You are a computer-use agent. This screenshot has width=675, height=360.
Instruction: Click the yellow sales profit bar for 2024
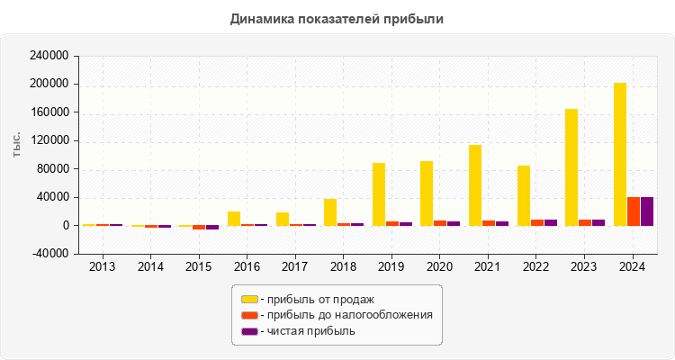tap(620, 154)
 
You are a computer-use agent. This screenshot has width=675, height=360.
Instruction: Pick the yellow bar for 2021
tap(475, 185)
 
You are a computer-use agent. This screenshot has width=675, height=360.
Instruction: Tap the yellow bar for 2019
tap(379, 194)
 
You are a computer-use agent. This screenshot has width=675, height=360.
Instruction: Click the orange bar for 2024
tap(634, 211)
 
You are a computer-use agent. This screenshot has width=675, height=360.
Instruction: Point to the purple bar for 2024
tap(647, 211)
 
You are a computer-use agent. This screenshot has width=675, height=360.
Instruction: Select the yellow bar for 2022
tap(524, 195)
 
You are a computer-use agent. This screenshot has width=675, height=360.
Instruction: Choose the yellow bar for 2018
tap(330, 212)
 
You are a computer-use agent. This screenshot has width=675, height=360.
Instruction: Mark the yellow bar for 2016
tap(234, 219)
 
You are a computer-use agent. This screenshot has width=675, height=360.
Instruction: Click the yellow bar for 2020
tap(427, 193)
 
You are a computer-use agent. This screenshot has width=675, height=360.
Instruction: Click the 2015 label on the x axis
tap(199, 266)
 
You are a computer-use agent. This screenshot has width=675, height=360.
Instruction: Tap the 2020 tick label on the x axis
tap(440, 266)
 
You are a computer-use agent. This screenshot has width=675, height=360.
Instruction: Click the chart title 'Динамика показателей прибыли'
tap(337, 18)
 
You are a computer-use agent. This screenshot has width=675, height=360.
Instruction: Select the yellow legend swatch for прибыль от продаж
tap(249, 299)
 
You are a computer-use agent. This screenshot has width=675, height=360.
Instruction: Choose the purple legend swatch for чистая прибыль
tap(249, 331)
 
